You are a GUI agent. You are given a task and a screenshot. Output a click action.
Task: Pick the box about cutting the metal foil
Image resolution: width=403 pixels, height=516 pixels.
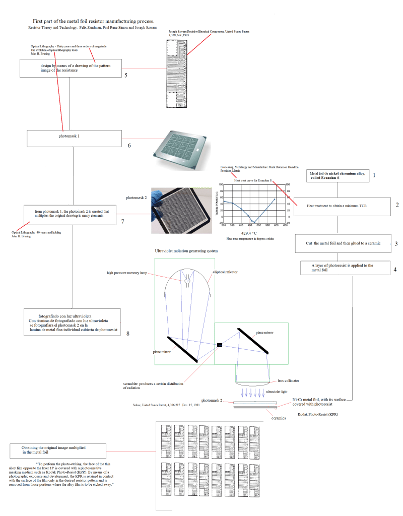coord(342,243)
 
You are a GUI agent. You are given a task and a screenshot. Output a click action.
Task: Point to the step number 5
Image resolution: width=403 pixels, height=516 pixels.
coord(126,75)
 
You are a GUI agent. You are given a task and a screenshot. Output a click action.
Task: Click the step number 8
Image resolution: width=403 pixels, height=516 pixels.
coord(128,333)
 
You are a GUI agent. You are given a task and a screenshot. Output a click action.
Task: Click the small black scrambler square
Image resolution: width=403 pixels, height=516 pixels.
coord(219,345)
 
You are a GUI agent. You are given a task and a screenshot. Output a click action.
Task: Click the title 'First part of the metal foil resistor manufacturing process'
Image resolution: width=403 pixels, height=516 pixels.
coord(93,21)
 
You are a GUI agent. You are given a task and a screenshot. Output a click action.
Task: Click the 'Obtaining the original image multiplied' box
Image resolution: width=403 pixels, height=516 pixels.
coord(57,450)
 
